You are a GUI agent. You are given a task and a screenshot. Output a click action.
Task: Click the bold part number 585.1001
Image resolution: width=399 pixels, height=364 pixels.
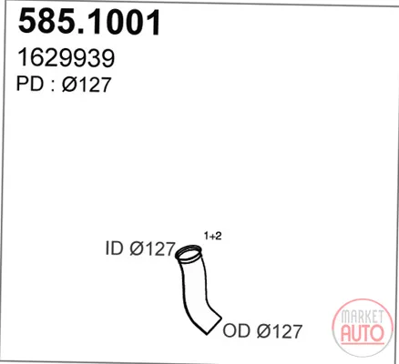(89, 22)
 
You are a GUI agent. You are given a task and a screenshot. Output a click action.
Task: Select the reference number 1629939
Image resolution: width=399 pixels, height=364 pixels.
(66, 58)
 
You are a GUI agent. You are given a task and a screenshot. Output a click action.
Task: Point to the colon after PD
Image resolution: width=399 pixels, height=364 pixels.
(53, 86)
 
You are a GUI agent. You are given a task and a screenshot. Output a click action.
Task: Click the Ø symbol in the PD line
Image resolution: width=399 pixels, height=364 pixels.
(70, 84)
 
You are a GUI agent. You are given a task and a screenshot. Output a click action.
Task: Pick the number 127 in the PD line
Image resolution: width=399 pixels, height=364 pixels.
(95, 84)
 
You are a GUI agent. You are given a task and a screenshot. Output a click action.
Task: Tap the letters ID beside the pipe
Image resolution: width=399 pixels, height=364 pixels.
(115, 248)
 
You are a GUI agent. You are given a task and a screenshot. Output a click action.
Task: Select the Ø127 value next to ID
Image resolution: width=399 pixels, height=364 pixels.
(152, 248)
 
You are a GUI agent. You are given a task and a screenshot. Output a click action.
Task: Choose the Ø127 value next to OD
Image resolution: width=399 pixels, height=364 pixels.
(280, 331)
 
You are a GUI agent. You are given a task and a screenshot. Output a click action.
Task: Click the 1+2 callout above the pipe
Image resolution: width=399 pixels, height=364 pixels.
(212, 236)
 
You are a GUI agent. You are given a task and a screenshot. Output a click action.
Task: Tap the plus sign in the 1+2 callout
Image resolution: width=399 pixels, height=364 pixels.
(212, 236)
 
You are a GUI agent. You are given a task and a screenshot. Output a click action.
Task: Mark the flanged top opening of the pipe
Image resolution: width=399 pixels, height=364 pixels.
(189, 254)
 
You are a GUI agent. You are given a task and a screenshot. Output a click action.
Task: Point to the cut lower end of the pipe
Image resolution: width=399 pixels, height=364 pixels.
(214, 325)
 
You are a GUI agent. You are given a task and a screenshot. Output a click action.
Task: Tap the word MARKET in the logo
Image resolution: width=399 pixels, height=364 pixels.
(362, 316)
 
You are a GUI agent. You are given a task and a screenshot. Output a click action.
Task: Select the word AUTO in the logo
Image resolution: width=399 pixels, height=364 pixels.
(363, 333)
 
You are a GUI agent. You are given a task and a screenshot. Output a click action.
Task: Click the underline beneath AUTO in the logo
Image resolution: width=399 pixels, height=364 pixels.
(363, 344)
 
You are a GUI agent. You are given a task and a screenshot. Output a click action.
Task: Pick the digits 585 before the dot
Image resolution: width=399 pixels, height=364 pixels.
(46, 22)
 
